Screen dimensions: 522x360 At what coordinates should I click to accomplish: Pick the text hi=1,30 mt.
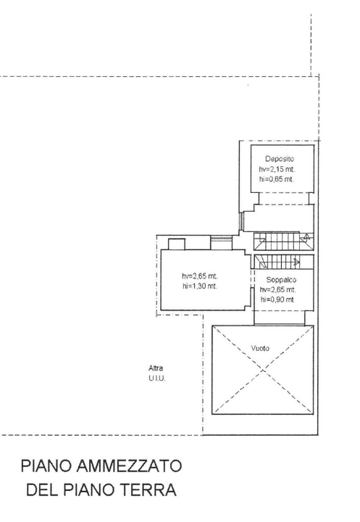pos(200,286)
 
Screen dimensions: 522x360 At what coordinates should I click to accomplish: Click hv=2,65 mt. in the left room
pos(200,276)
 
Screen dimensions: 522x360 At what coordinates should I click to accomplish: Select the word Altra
pos(155,368)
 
